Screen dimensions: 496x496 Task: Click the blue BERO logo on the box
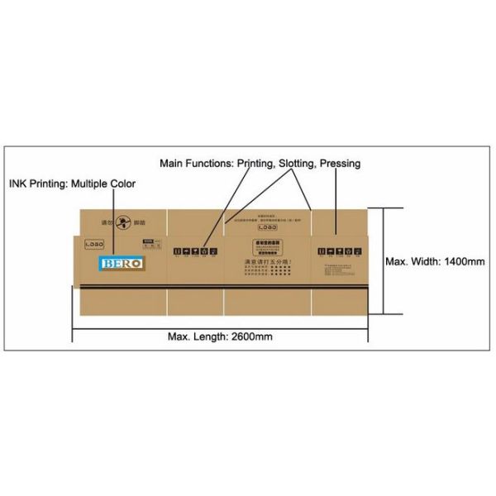coord(122,262)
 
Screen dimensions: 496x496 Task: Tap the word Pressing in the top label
coord(341,164)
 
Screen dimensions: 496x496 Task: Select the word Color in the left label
coord(121,184)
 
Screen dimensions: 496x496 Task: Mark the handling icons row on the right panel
coord(336,249)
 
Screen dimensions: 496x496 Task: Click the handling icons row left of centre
coord(195,249)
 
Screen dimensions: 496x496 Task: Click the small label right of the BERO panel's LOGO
coord(150,244)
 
